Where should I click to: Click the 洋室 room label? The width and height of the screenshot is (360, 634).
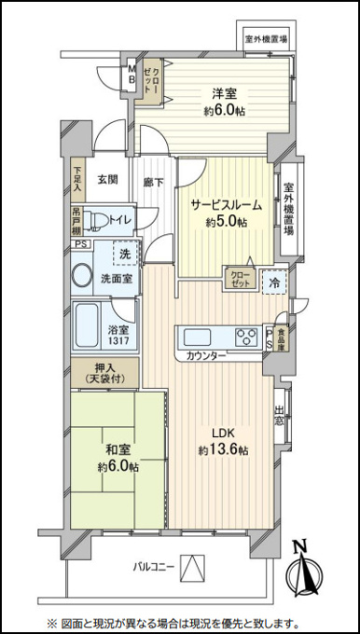click(x=225, y=94)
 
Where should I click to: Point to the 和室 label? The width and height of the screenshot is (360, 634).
click(x=118, y=450)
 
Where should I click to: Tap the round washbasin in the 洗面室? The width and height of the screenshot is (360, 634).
click(x=82, y=276)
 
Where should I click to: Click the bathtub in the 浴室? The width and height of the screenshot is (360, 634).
click(x=87, y=326)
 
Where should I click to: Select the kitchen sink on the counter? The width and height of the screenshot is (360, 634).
click(x=197, y=337)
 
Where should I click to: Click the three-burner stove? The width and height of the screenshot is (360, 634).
click(x=246, y=337)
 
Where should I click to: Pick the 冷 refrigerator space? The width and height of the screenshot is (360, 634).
click(x=274, y=283)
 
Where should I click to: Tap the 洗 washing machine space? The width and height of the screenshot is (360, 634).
click(x=125, y=254)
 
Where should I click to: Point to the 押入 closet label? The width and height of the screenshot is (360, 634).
click(x=104, y=373)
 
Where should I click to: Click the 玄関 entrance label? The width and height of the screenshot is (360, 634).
click(x=107, y=179)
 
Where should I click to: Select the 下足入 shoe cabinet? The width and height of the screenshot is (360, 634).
click(x=77, y=180)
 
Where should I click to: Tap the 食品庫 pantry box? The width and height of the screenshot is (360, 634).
click(x=281, y=338)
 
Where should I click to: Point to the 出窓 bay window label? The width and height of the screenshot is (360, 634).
click(x=279, y=416)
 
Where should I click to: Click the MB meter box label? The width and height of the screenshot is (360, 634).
click(x=132, y=74)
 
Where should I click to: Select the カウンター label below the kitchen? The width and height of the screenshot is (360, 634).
click(x=206, y=356)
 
